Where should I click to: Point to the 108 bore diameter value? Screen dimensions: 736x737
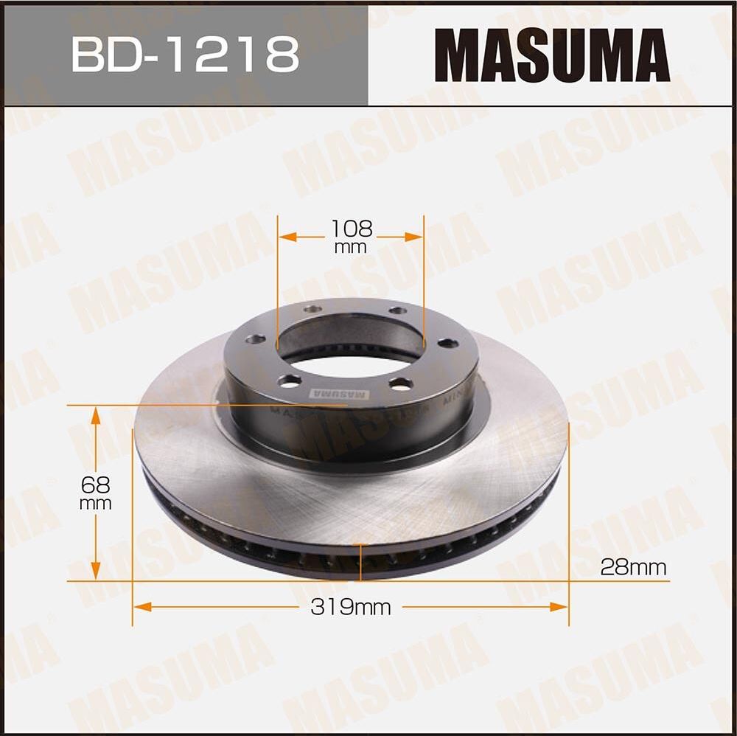(351, 229)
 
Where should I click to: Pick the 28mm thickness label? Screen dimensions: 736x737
(633, 567)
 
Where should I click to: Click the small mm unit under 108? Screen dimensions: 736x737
(350, 248)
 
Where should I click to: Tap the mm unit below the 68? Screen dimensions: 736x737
(96, 504)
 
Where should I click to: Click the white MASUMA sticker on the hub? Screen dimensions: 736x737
(339, 394)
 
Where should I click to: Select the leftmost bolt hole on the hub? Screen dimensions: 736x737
(255, 340)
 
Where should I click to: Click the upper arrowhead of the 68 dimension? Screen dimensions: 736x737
(95, 415)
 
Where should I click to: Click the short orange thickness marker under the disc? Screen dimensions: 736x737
(360, 563)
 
